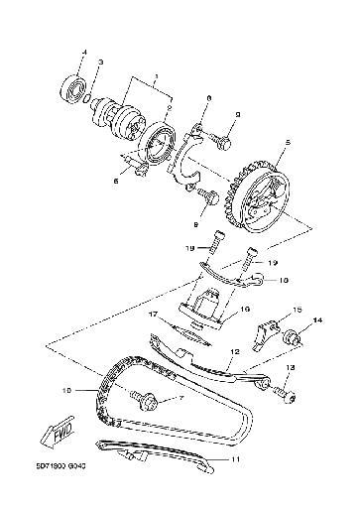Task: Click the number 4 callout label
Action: (83, 52)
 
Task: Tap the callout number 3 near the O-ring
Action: (100, 63)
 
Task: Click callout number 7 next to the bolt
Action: (155, 399)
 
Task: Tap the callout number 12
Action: (234, 350)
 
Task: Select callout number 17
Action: (155, 315)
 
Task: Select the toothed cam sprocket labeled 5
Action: (258, 193)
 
